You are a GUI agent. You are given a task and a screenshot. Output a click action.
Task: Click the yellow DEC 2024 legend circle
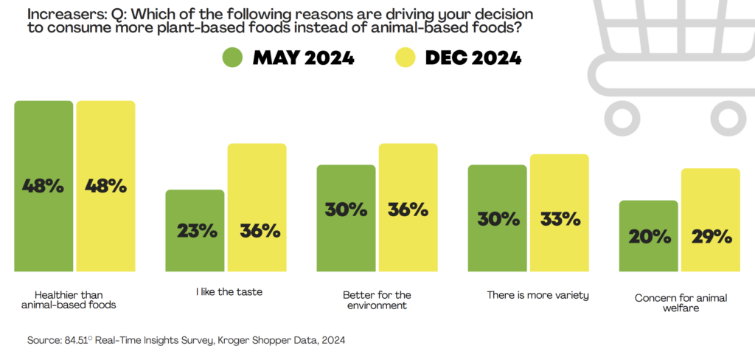406,58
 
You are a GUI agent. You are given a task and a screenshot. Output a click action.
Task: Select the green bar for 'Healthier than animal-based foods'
44,186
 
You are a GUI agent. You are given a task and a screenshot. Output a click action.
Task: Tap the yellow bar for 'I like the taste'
257,207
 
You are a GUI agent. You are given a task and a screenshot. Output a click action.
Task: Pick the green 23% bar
195,230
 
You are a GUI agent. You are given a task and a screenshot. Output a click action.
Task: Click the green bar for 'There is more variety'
497,218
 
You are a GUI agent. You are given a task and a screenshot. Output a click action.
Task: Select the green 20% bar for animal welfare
648,236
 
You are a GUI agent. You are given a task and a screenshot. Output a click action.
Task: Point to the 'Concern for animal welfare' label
670,303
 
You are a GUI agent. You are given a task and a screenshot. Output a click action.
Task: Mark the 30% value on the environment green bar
346,209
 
